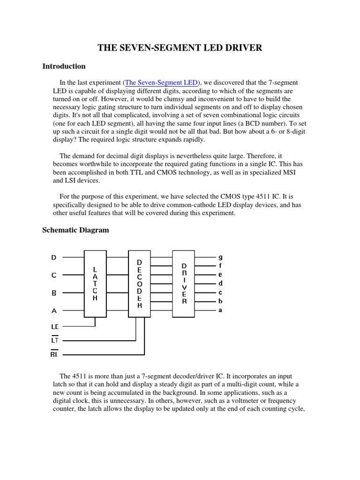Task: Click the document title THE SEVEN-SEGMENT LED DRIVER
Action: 180,47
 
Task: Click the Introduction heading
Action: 64,66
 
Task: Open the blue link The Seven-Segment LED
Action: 161,83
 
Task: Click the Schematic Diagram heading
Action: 75,230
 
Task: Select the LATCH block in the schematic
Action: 95,284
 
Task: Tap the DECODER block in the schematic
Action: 139,284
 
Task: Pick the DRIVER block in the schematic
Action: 184,284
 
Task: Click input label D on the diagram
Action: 53,257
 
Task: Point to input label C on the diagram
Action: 53,276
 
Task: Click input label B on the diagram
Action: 53,293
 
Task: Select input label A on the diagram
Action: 53,310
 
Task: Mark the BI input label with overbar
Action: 54,354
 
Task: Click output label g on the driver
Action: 220,257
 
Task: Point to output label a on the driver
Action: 220,310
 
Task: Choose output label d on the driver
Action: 220,283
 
